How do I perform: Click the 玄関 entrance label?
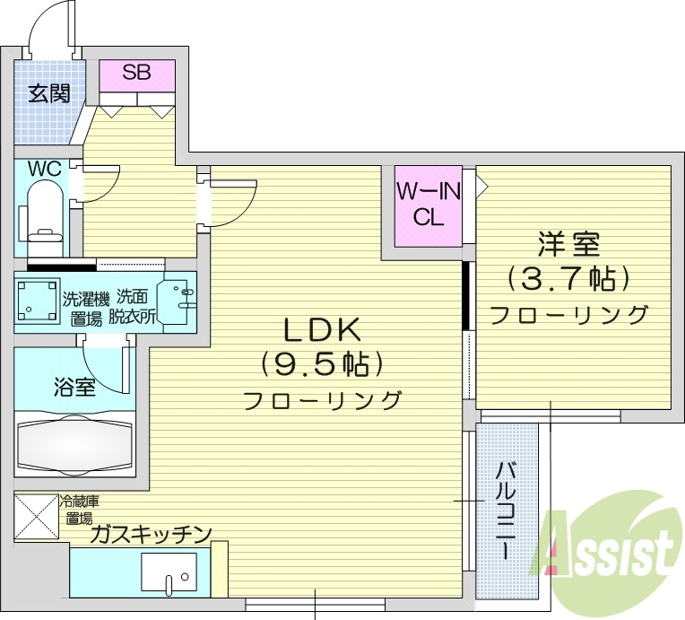[x=49, y=93]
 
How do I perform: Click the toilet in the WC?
[x=43, y=211]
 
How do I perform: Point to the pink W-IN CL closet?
[x=429, y=206]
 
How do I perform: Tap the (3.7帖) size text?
[x=568, y=279]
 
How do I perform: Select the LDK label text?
[x=322, y=331]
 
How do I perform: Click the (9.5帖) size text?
[x=322, y=363]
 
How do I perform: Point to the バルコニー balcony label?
[x=507, y=511]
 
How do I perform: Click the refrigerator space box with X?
[x=36, y=517]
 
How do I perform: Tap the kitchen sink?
[x=170, y=571]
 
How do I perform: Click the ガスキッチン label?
[x=151, y=535]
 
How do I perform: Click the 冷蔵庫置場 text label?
[x=78, y=510]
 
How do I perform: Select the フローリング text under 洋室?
[x=568, y=315]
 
